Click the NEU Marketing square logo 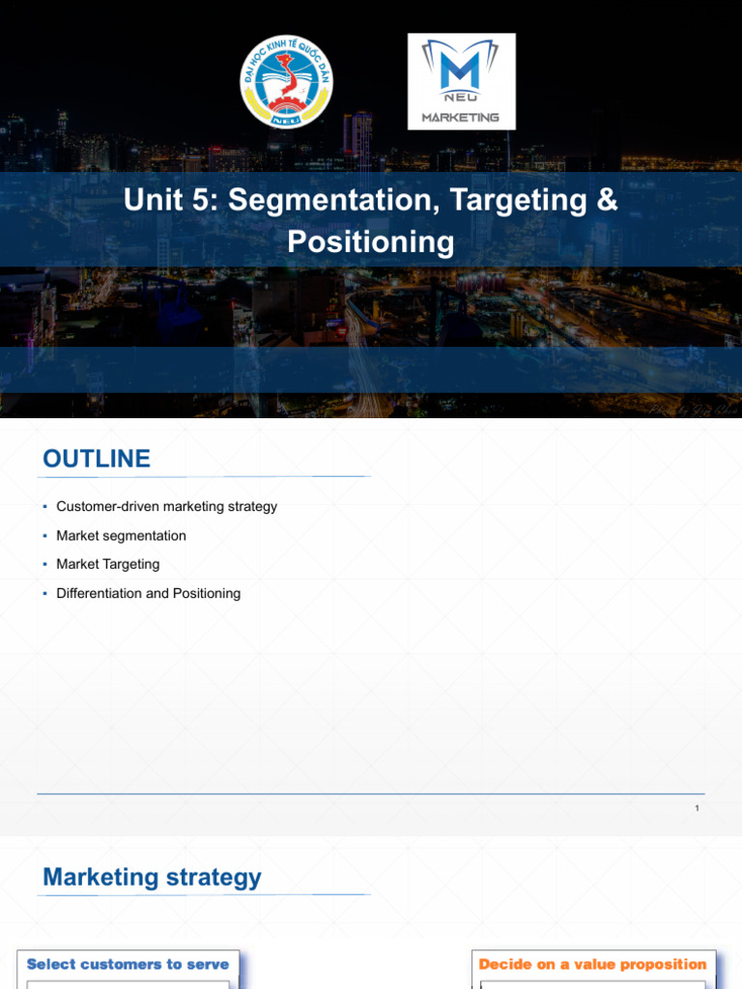click(461, 81)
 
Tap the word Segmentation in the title click(331, 202)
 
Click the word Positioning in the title click(370, 241)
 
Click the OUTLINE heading click(97, 459)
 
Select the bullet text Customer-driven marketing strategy click(166, 506)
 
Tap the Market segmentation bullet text click(121, 535)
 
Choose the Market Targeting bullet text click(108, 564)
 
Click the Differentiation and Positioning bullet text click(148, 593)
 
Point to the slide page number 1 click(697, 808)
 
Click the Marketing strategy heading click(152, 877)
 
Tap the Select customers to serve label click(128, 964)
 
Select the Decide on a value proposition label click(592, 964)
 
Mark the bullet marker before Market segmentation click(44, 535)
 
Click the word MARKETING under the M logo click(461, 118)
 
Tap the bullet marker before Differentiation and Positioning click(44, 593)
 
